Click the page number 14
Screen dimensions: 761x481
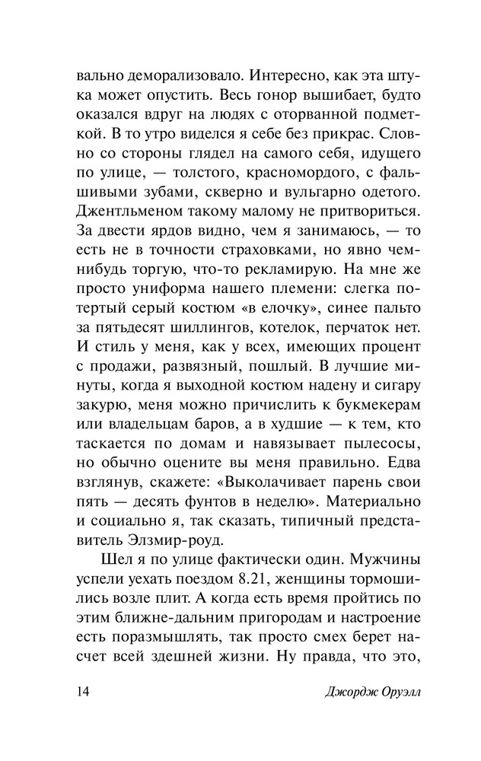click(84, 692)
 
